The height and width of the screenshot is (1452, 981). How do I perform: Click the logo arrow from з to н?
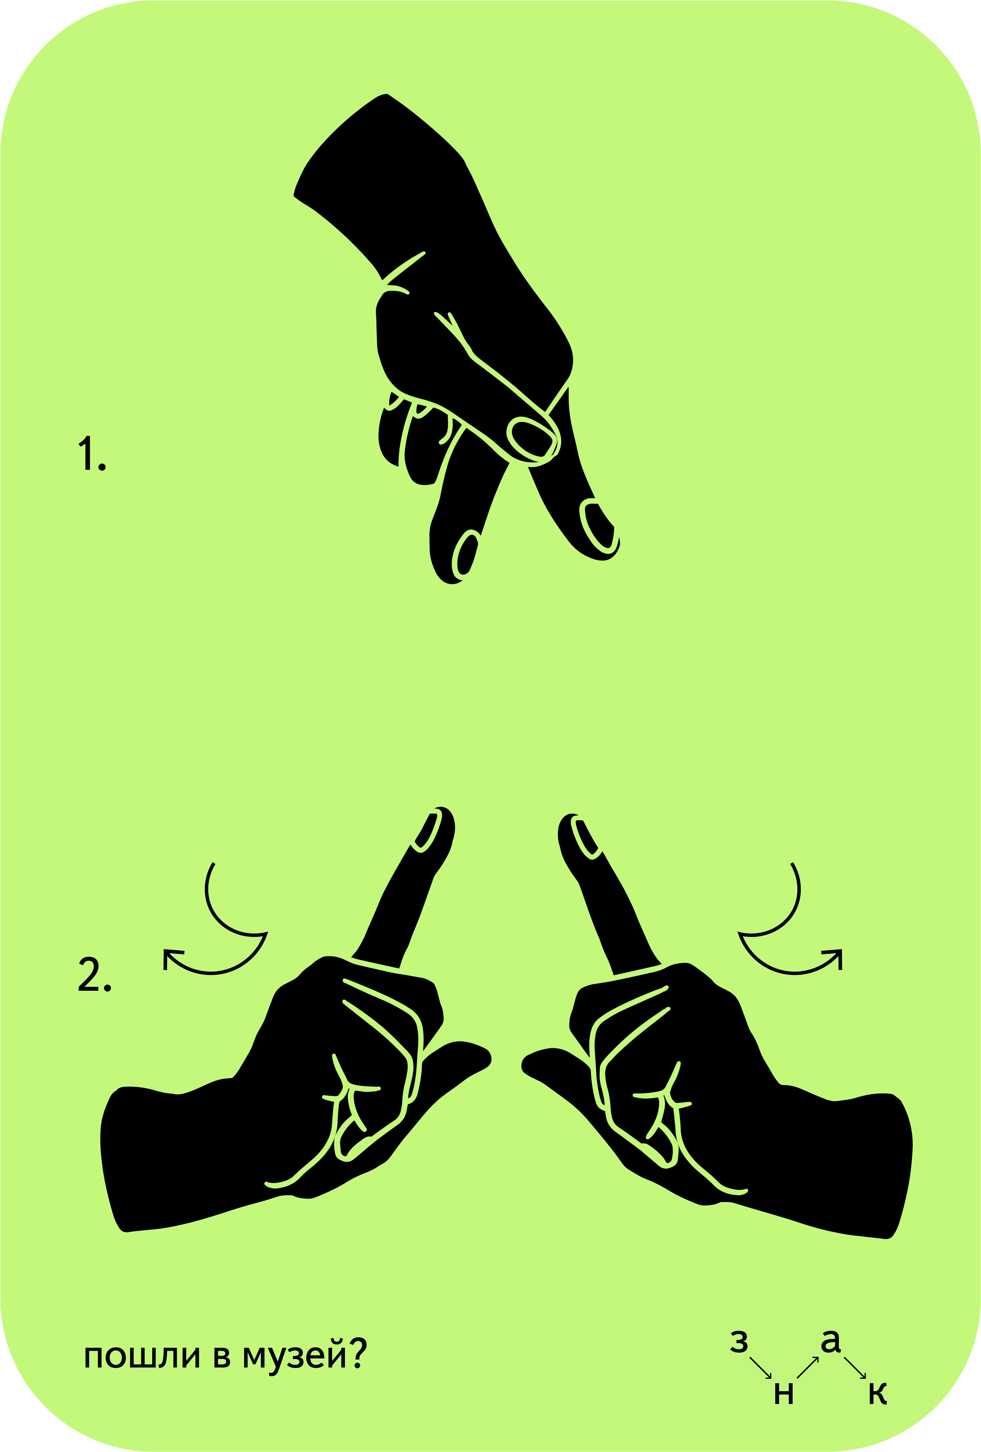point(761,1367)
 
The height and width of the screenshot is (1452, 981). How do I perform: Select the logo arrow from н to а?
point(807,1367)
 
